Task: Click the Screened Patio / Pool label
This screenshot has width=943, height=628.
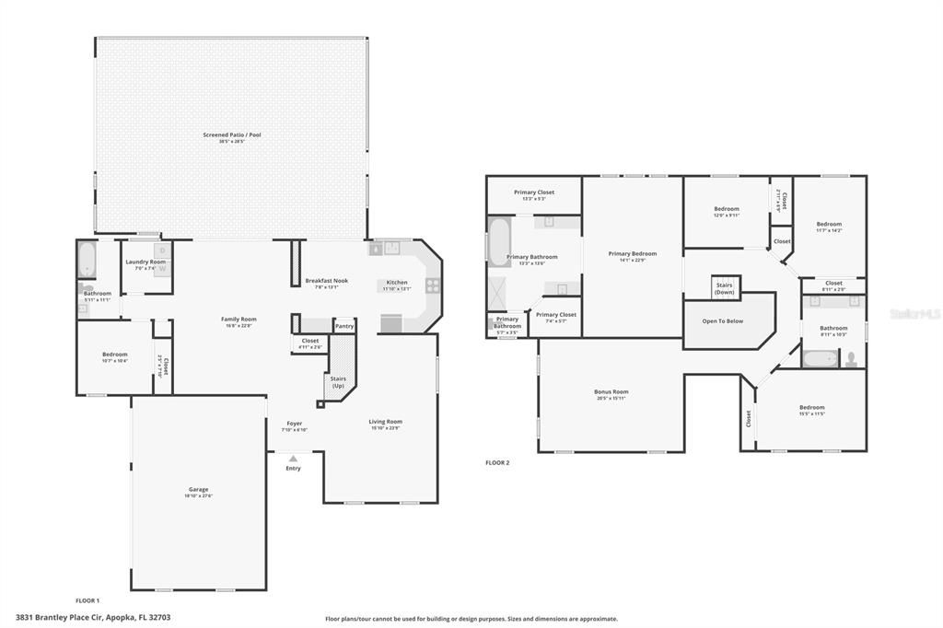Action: (232, 135)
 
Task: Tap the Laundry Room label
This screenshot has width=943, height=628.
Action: (146, 262)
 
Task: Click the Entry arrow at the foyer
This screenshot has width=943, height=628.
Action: (293, 458)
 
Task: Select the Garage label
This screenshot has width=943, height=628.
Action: (199, 489)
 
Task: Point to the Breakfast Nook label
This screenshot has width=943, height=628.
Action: (327, 281)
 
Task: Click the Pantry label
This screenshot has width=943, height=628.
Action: (344, 326)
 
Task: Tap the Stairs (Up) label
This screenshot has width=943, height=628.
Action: (338, 381)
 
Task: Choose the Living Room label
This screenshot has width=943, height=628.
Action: (386, 422)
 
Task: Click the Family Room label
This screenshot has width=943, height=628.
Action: (239, 320)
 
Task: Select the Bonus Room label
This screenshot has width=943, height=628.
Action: (611, 392)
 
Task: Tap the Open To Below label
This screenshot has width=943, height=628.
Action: (723, 321)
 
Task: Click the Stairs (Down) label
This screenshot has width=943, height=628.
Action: (725, 287)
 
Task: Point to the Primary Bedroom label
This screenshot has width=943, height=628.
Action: (633, 253)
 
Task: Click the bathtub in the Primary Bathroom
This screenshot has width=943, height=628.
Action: (498, 241)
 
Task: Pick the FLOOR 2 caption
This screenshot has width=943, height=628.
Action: (497, 463)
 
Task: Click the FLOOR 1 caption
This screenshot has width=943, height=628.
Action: (87, 600)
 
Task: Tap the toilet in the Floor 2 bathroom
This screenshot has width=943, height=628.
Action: (852, 358)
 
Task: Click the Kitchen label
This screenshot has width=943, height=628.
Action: (397, 282)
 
